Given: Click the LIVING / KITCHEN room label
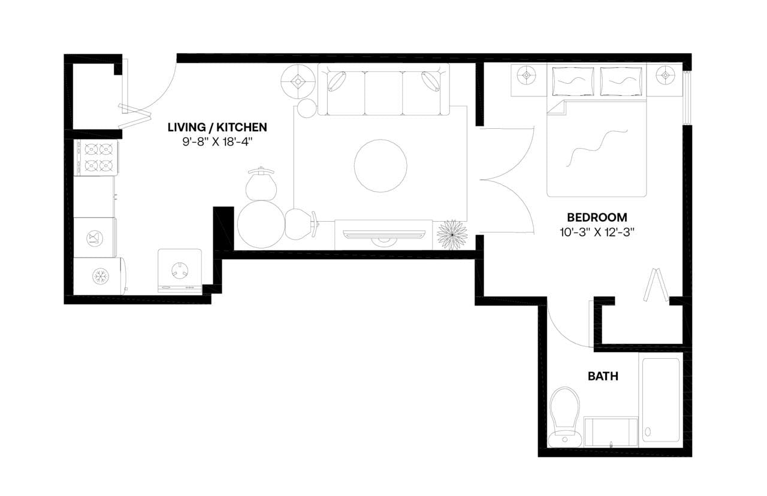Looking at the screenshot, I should click(x=217, y=127).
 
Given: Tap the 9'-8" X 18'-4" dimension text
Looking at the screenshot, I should click(x=217, y=143).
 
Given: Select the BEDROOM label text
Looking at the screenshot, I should click(x=597, y=217).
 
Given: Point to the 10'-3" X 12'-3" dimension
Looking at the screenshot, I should click(x=597, y=232).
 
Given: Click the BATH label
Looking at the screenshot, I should click(x=603, y=377).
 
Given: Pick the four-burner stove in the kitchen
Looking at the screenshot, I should click(x=95, y=157).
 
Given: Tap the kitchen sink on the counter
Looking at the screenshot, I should click(x=95, y=238).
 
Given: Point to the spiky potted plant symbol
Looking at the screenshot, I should click(x=452, y=235).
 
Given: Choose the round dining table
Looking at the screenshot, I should click(x=261, y=223).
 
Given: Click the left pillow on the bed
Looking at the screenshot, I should click(x=572, y=81).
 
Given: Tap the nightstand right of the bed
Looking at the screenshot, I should click(x=665, y=80).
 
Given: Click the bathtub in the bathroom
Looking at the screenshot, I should click(x=661, y=400).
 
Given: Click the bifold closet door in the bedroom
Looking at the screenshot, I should click(x=657, y=286).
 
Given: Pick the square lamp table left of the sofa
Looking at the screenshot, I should click(x=299, y=80).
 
